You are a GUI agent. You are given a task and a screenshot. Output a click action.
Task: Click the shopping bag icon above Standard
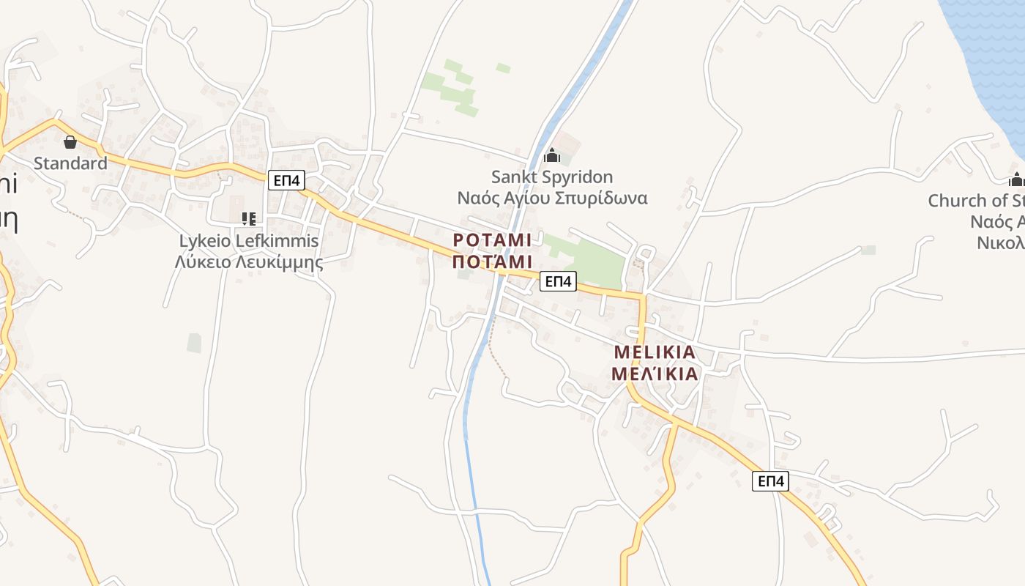pyautogui.click(x=70, y=141)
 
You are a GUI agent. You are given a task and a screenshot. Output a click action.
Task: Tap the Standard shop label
pyautogui.click(x=70, y=163)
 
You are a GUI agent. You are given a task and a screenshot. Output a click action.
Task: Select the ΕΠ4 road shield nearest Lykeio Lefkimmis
pyautogui.click(x=286, y=180)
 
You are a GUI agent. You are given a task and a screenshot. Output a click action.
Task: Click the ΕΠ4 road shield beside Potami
pyautogui.click(x=559, y=281)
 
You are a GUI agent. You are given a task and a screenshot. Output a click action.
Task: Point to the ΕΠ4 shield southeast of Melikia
pyautogui.click(x=771, y=481)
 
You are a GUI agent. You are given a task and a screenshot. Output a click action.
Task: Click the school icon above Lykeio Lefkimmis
pyautogui.click(x=248, y=218)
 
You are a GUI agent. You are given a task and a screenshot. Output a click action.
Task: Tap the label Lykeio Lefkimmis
pyautogui.click(x=249, y=240)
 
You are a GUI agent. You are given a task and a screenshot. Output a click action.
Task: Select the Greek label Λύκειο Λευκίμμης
pyautogui.click(x=249, y=262)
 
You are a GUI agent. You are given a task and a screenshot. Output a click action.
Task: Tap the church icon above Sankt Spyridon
pyautogui.click(x=552, y=155)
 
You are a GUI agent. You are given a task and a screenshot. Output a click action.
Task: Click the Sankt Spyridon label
pyautogui.click(x=552, y=177)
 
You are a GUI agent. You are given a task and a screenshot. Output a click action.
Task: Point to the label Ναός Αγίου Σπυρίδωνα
pyautogui.click(x=552, y=198)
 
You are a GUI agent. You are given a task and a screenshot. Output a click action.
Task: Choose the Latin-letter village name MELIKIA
pyautogui.click(x=655, y=352)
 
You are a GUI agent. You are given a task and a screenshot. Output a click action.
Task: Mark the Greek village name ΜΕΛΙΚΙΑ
pyautogui.click(x=655, y=374)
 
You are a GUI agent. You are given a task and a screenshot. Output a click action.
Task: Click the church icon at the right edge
pyautogui.click(x=1016, y=179)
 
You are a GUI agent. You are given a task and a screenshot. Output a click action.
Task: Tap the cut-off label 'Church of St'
pyautogui.click(x=976, y=200)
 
